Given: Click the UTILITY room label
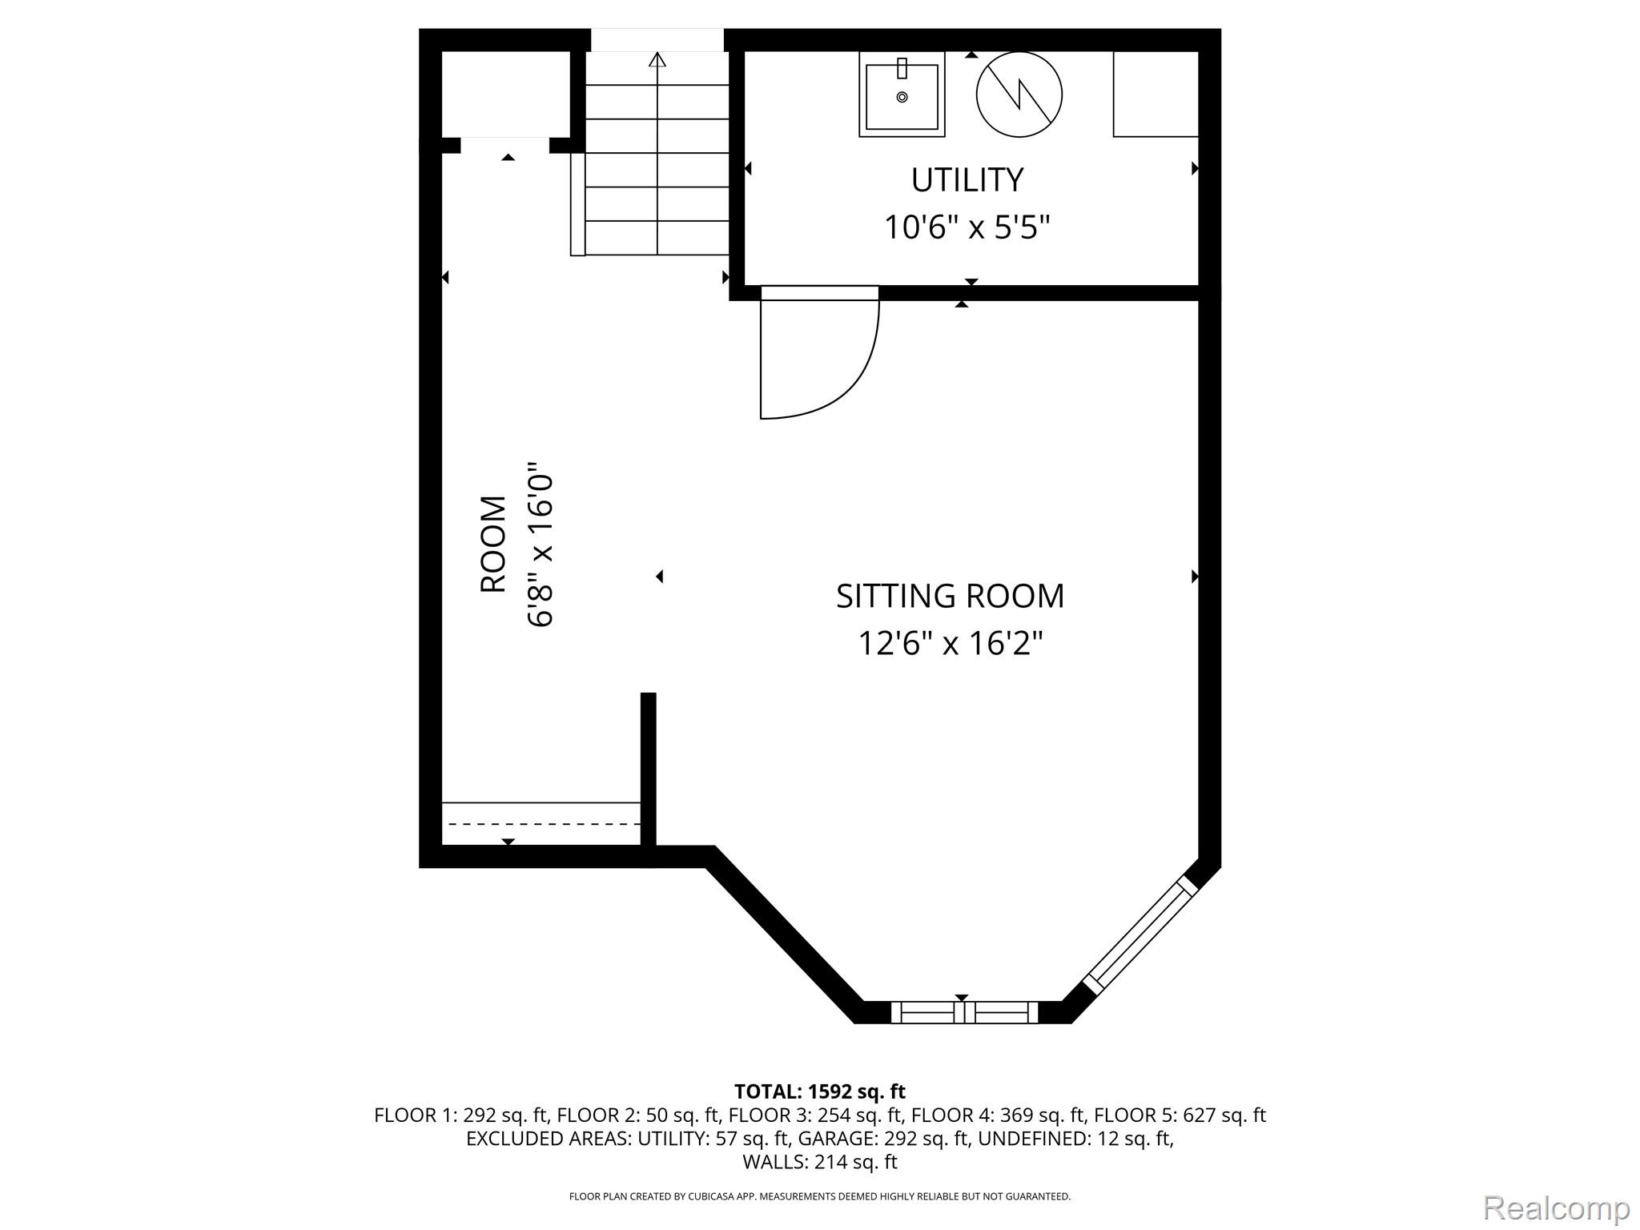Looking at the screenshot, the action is (967, 180).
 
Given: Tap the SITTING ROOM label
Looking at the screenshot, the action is (951, 596).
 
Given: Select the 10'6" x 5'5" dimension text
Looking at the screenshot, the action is (967, 227).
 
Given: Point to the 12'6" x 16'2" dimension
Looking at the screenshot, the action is (951, 643).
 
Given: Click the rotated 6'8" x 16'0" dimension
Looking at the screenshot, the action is (541, 545).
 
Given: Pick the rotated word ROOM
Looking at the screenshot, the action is (493, 545).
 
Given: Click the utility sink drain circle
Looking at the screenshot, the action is (902, 97).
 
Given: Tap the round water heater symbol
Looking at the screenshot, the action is (1019, 94).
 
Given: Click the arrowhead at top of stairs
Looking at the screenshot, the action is (657, 58).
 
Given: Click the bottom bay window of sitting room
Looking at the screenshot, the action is (964, 1012).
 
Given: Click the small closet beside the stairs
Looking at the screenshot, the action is (506, 94).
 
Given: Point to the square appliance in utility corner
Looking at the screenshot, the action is (1156, 94).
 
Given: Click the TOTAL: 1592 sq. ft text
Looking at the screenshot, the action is (820, 1091).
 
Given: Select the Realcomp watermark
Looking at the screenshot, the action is (1556, 1207).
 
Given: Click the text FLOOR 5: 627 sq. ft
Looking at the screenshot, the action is (1180, 1115).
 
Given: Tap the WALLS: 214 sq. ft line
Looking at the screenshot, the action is (820, 1161).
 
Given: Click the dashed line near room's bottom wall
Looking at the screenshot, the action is (545, 824).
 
